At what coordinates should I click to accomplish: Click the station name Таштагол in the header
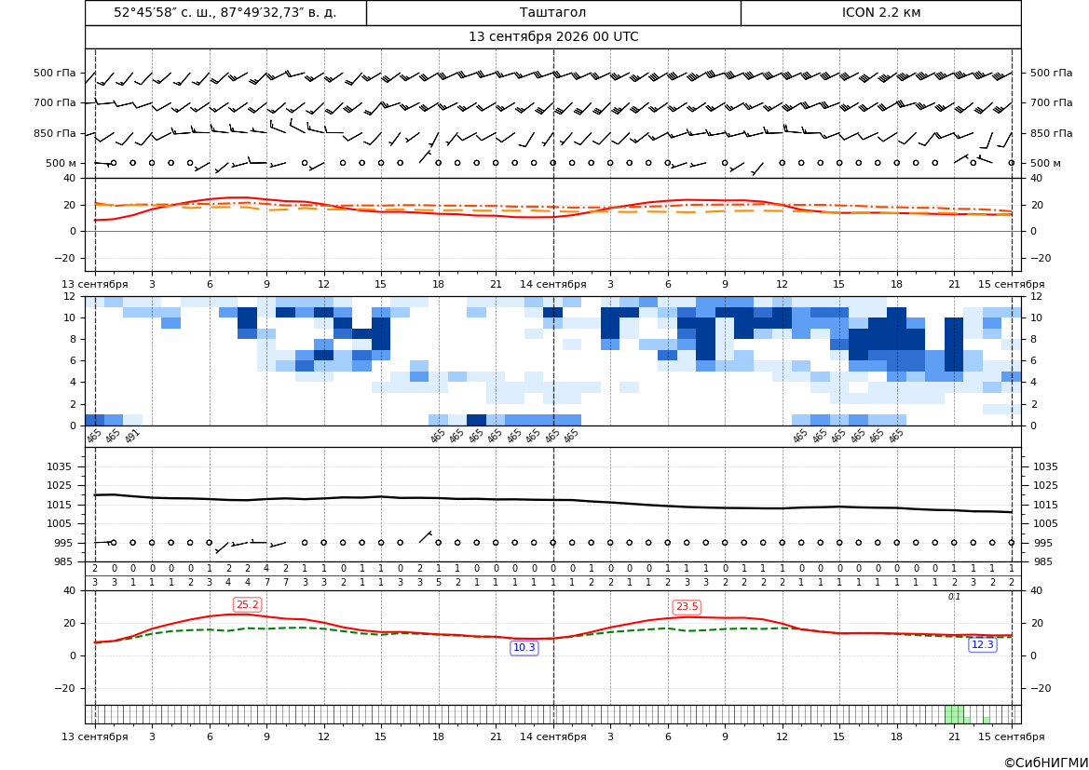[552, 12]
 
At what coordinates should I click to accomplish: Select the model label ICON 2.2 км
[880, 12]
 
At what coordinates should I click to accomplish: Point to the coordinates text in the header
[225, 12]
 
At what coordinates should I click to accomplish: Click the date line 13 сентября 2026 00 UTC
[553, 37]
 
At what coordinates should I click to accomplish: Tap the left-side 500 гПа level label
[55, 73]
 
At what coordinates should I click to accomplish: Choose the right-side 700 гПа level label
[1051, 102]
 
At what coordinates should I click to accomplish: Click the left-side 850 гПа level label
[55, 133]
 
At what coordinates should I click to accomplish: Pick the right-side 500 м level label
[1045, 163]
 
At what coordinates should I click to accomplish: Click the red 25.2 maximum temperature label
[247, 605]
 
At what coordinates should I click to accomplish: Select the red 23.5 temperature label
[687, 607]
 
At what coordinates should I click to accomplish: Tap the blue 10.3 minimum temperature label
[524, 648]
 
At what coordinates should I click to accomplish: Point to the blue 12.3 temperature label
[982, 645]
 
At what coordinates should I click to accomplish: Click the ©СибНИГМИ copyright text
[1046, 763]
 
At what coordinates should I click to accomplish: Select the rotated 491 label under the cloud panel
[132, 436]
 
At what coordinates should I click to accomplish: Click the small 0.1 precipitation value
[954, 597]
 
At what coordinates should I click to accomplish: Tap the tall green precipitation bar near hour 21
[954, 714]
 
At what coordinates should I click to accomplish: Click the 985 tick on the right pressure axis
[1045, 561]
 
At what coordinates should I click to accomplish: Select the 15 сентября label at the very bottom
[1012, 736]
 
